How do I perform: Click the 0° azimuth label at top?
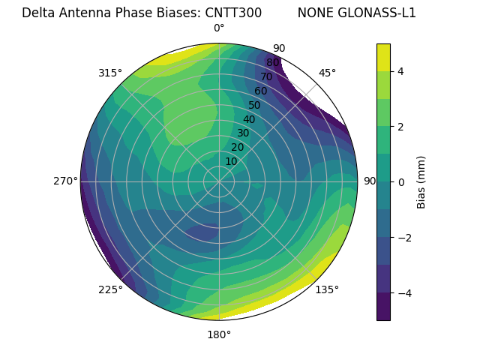[x=219, y=28]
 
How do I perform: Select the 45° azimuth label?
[x=327, y=73]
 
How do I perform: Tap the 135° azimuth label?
[x=327, y=289]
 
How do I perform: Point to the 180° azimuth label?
[x=219, y=334]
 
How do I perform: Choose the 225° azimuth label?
[x=110, y=289]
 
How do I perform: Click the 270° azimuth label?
[x=65, y=181]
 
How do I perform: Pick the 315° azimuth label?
[x=110, y=73]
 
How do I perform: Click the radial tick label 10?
[x=231, y=161]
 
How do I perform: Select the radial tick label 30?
[x=243, y=133]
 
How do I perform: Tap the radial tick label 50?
[x=254, y=106]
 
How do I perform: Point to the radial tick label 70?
[x=266, y=77]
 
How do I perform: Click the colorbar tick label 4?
[x=401, y=71]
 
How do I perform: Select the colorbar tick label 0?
[x=401, y=181]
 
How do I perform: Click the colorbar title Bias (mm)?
[x=421, y=181]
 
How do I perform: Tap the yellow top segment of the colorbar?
[x=383, y=57]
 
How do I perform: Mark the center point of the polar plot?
[x=219, y=181]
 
